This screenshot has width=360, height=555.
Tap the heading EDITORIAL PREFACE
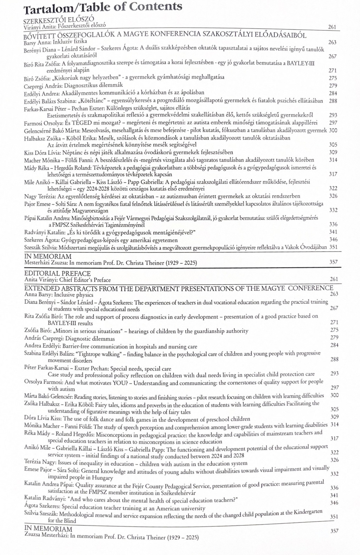pos(57,273)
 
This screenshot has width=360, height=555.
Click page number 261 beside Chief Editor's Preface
pos(334,279)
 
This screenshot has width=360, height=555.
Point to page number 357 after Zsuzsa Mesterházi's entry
pos(334,531)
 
